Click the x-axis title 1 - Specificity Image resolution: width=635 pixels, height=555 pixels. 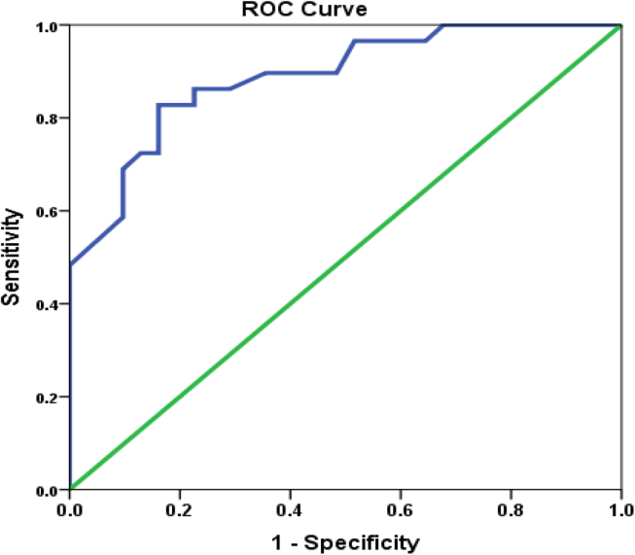[x=345, y=541]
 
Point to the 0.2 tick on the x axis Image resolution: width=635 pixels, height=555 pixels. [x=180, y=508]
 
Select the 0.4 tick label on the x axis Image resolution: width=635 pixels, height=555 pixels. [x=291, y=508]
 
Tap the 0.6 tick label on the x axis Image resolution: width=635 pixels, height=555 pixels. [x=401, y=508]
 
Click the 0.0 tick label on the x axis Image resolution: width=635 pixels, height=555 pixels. [x=70, y=508]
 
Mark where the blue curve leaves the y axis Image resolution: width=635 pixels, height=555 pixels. [x=71, y=264]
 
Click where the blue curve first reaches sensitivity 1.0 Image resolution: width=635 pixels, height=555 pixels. [x=443, y=25]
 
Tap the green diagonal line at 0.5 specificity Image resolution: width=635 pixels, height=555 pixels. [x=346, y=258]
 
